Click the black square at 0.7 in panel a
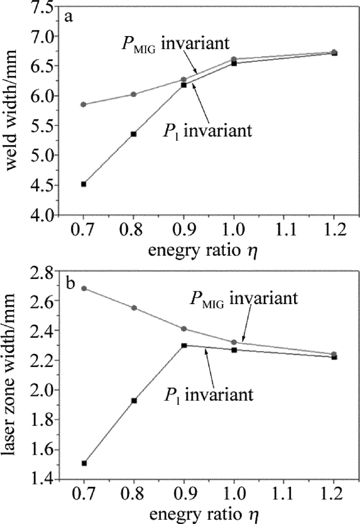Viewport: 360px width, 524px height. point(84,184)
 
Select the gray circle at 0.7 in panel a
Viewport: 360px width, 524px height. point(84,104)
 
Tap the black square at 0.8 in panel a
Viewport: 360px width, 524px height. point(134,134)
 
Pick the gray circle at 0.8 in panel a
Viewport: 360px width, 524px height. point(134,94)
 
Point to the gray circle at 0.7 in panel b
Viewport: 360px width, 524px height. point(84,288)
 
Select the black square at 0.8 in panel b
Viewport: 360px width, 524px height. point(134,400)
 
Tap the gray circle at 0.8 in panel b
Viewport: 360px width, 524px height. point(134,308)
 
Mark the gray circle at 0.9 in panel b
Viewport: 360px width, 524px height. point(184,329)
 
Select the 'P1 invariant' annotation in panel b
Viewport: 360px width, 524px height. point(208,395)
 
